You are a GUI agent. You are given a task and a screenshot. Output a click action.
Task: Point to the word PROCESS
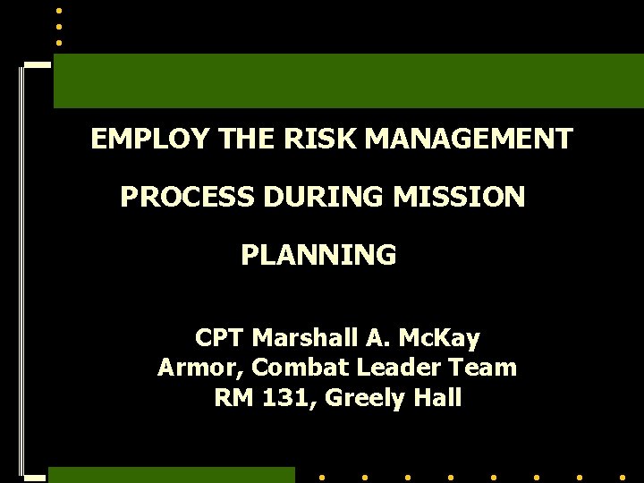[187, 198]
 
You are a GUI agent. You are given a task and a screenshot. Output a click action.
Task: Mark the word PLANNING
[318, 256]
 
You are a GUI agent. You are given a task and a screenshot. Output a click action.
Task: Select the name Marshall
[305, 339]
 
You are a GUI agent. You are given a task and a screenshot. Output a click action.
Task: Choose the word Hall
[438, 398]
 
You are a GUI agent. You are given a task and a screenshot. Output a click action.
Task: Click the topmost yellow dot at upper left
[59, 10]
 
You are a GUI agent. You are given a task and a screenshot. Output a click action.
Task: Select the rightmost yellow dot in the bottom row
[623, 477]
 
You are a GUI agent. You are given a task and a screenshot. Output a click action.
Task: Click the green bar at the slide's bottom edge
[170, 475]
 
